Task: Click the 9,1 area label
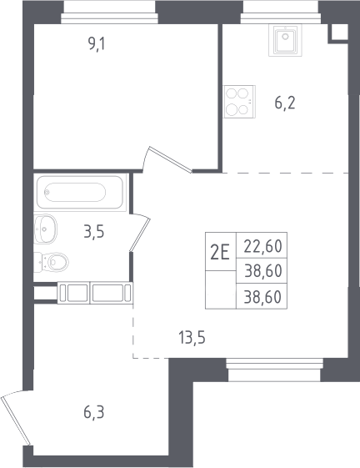coord(97,45)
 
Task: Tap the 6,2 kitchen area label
coord(285,103)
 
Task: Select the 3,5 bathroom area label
coord(94,232)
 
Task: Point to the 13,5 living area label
coord(192,338)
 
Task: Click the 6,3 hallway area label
coord(94,413)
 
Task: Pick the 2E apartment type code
coord(220,252)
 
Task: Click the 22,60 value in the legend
coord(262,246)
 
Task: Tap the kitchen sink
coord(286,40)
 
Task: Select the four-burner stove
coord(239,102)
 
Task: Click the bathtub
coord(80,193)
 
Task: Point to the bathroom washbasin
coord(45,229)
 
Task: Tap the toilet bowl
coord(52,262)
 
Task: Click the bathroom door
coord(140,232)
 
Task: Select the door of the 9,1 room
coord(167,159)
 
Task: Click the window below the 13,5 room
coord(275,370)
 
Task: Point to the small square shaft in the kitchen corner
coord(338,33)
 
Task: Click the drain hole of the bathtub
coord(47,192)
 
